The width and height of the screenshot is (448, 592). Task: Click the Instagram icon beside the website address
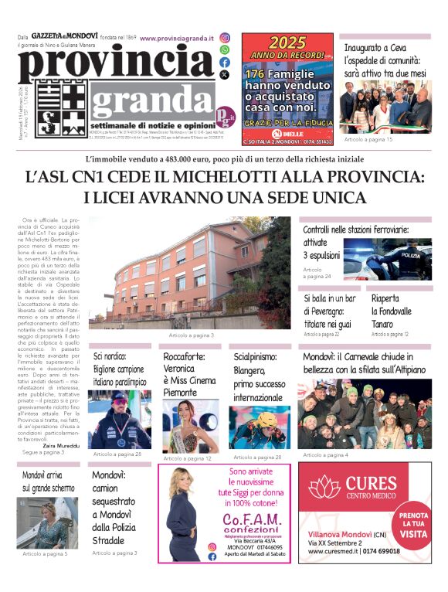(x=225, y=37)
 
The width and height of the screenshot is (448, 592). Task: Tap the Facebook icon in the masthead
(x=225, y=62)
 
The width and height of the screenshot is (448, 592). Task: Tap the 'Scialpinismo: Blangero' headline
(x=260, y=377)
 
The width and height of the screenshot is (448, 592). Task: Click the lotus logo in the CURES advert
(x=324, y=488)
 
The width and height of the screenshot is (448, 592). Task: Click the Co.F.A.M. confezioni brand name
(x=244, y=520)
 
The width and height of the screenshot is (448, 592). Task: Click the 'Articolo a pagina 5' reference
(x=45, y=553)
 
